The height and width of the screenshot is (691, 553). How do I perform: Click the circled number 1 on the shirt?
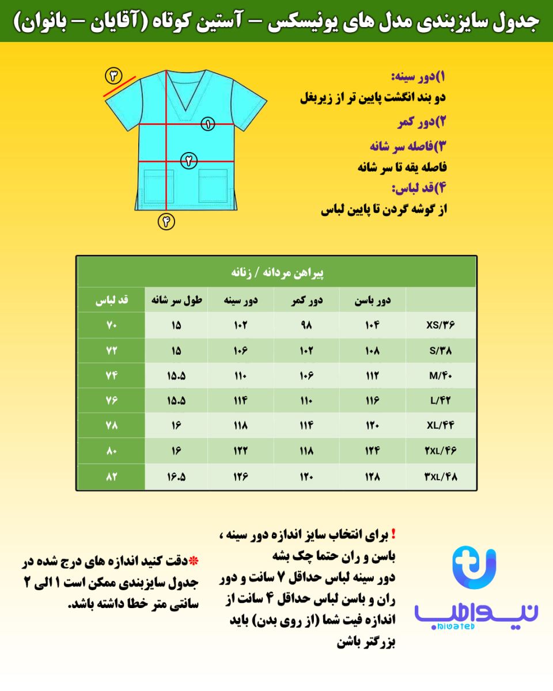(207, 123)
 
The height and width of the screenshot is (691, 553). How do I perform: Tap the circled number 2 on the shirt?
(188, 161)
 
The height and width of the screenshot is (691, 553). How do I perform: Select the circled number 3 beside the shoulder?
(113, 75)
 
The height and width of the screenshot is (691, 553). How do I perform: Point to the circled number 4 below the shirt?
(166, 221)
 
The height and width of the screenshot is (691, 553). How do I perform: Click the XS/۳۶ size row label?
(441, 325)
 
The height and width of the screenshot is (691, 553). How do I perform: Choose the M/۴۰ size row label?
(441, 375)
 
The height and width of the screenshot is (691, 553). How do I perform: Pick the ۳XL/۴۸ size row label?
(441, 477)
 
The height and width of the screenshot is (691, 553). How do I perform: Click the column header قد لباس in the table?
(112, 300)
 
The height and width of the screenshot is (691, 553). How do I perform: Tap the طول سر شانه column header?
(176, 300)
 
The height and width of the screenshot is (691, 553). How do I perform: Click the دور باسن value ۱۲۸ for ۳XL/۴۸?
(372, 477)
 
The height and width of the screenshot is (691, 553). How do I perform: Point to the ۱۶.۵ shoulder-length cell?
(176, 477)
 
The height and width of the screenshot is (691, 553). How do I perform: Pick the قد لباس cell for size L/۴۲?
(112, 401)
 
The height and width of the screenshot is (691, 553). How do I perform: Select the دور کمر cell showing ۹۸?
(306, 325)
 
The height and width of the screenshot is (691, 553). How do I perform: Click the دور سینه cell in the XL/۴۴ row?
(241, 426)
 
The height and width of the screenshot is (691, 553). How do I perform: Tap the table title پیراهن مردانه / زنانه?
(276, 272)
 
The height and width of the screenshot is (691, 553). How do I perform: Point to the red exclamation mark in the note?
(393, 534)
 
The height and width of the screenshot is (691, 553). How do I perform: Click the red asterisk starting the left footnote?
(194, 561)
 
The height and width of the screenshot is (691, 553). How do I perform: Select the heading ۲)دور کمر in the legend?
(422, 122)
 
